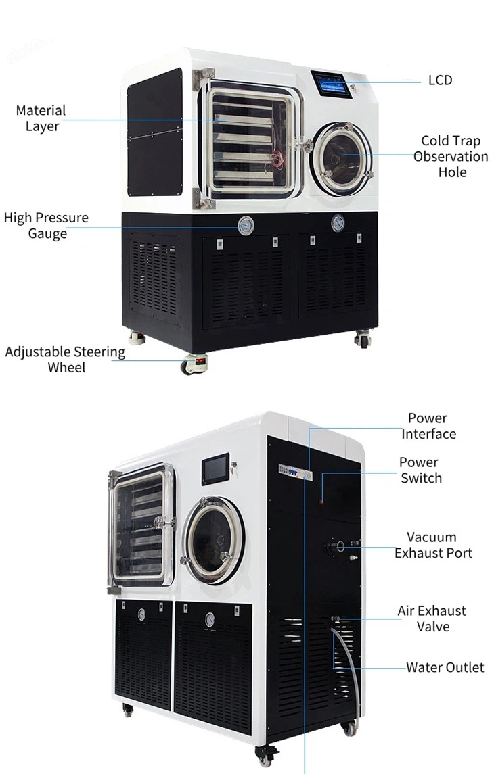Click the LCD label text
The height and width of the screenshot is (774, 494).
tap(440, 80)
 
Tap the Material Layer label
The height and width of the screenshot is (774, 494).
tap(41, 118)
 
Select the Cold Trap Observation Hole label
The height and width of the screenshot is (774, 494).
tap(451, 156)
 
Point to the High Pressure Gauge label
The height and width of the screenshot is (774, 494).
tap(46, 226)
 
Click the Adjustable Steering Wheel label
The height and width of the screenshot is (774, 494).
tap(65, 360)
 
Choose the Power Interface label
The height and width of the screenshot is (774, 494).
tap(428, 426)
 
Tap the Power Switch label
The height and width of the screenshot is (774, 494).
tap(420, 470)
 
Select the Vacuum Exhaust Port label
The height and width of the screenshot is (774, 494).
tap(433, 545)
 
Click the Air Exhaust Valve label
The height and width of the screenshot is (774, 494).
tap(432, 619)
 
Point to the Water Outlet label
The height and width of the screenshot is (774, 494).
tap(445, 667)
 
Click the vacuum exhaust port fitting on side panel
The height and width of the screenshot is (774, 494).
tap(337, 546)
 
